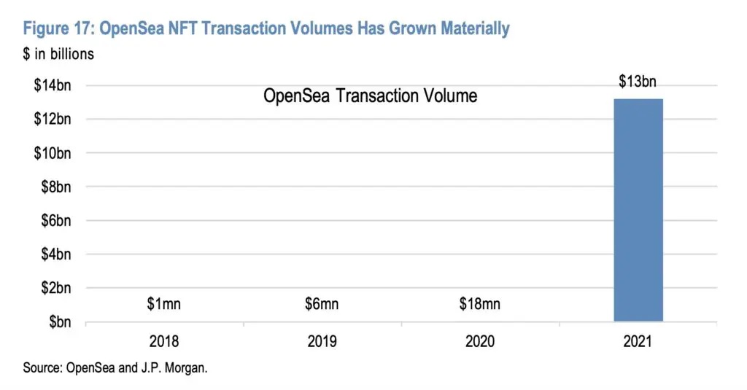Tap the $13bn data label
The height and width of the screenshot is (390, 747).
pos(638,81)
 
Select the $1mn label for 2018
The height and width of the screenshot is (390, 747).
pos(163,304)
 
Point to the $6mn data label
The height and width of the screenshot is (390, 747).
pos(322,304)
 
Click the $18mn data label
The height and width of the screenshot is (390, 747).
pos(479,304)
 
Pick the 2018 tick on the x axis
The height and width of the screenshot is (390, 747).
pos(163,341)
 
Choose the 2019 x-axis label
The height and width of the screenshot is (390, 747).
pos(322,341)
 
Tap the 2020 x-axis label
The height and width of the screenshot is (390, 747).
pos(479,341)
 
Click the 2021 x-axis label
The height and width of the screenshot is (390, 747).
pos(638,341)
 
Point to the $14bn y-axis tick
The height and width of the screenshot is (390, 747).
pos(53,85)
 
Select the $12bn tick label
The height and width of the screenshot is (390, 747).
pos(53,119)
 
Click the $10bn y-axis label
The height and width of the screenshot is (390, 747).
pos(53,153)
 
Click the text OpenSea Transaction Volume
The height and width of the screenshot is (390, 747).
pos(370,95)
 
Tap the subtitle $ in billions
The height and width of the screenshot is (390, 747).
pos(58,53)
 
